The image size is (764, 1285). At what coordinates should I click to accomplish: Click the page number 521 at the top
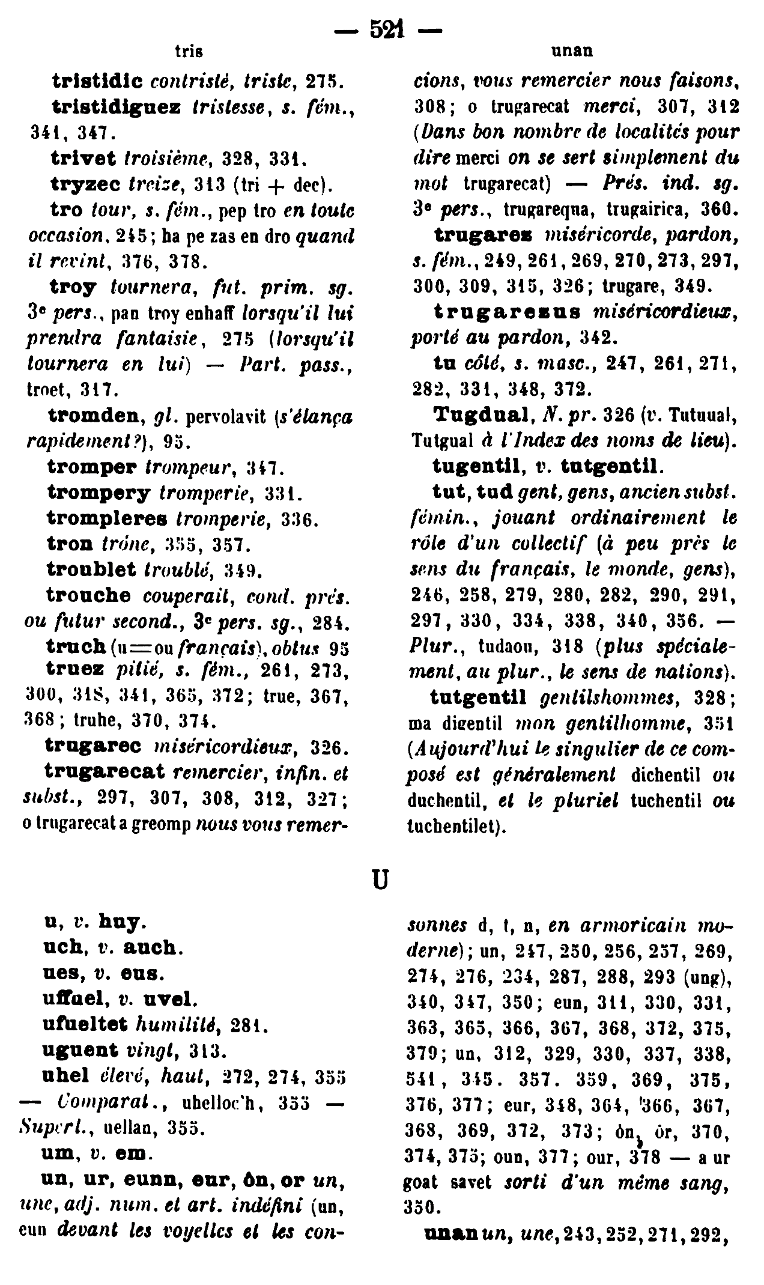coord(387,28)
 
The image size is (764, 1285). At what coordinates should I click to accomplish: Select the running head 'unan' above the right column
coord(572,51)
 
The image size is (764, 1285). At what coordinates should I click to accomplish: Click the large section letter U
coord(380,880)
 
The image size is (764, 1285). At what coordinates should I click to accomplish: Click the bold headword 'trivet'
coord(83,159)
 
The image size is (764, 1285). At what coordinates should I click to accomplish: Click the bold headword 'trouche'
coord(89,595)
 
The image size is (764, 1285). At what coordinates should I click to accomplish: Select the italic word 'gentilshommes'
coord(608,697)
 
